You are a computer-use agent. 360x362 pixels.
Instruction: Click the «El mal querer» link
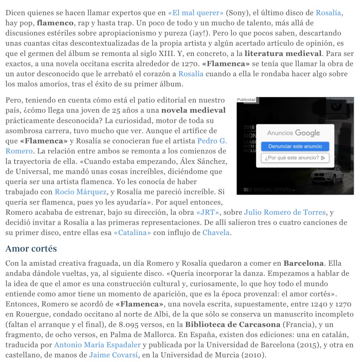[x=196, y=13]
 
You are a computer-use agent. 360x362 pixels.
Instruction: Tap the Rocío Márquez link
[x=80, y=192]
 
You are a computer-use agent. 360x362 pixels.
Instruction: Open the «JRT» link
[x=208, y=212]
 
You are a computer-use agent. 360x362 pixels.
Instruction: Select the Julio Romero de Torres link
[x=285, y=212]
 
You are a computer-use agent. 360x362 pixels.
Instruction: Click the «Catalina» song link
[x=133, y=232]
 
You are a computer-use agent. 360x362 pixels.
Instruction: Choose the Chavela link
[x=216, y=232]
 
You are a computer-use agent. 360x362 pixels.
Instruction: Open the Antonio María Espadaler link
[x=97, y=345]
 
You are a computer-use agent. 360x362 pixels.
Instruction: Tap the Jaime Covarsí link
[x=113, y=355]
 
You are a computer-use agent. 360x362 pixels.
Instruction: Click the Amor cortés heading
[x=31, y=249]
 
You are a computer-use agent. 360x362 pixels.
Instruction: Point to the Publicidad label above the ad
[x=246, y=100]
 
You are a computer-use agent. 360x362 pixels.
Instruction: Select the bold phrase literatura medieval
[x=283, y=53]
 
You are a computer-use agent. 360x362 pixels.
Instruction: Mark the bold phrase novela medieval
[x=193, y=110]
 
